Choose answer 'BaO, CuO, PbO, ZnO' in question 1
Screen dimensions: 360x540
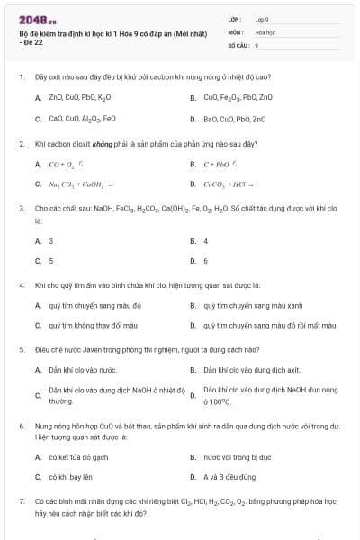pos(235,119)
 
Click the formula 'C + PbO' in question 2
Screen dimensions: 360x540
pos(220,165)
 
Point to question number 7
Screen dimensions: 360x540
pos(21,499)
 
